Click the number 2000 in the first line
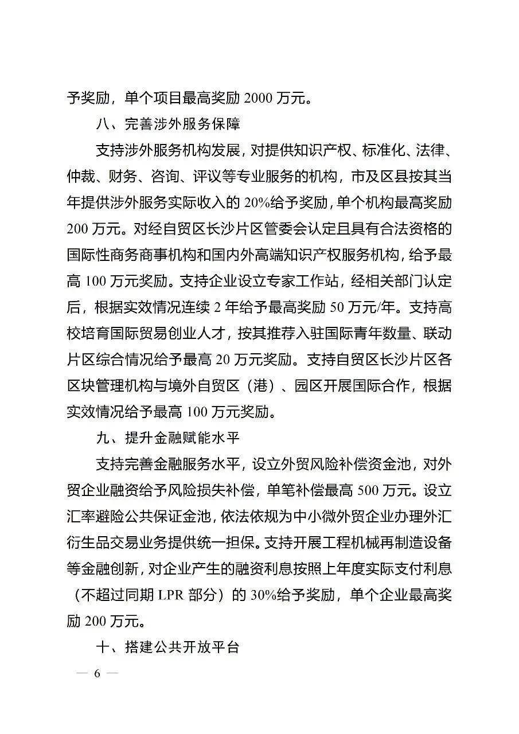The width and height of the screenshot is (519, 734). [x=262, y=98]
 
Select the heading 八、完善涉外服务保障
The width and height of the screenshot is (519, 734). [x=167, y=124]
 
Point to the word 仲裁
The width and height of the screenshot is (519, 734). [x=81, y=177]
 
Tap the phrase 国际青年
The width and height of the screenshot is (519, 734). [x=351, y=334]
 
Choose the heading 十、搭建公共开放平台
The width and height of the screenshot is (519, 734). [x=167, y=648]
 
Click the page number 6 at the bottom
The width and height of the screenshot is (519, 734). [x=97, y=674]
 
